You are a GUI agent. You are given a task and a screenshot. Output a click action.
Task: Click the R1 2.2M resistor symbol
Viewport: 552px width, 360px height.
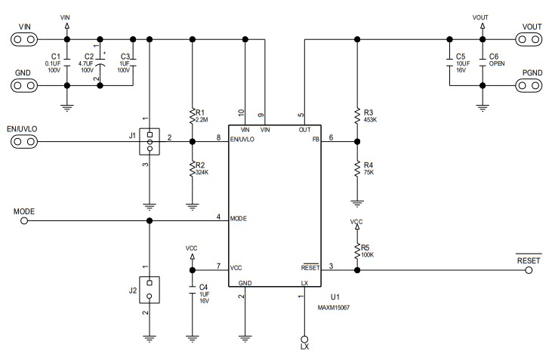[x=192, y=115]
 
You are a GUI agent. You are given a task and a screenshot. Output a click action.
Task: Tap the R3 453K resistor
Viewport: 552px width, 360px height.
[x=356, y=115]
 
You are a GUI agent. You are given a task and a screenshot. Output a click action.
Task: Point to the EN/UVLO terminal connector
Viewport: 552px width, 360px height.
[x=25, y=140]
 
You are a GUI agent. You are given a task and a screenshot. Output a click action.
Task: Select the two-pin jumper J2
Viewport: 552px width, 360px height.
[x=150, y=290]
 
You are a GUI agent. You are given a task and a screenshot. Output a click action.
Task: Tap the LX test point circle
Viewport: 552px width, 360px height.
[x=305, y=340]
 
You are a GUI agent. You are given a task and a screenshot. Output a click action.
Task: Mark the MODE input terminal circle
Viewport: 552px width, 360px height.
[x=23, y=220]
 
